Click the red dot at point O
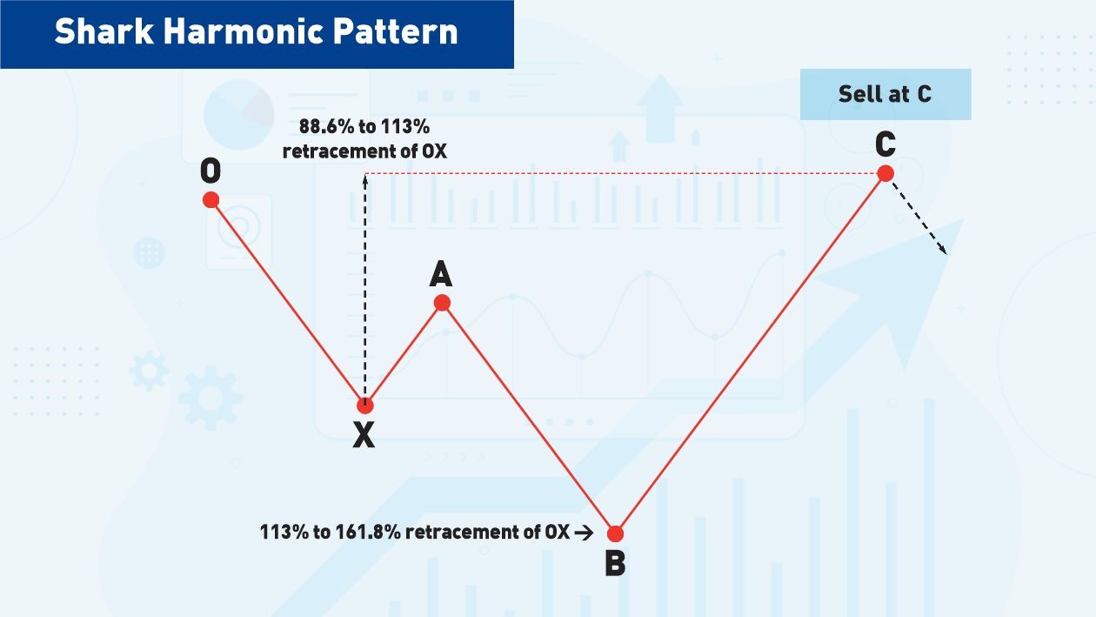coord(211,199)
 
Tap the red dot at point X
coord(365,405)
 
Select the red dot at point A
coord(442,302)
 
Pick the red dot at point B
coord(615,533)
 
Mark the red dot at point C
coord(885,173)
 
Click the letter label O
coord(211,171)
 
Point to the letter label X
coord(364,435)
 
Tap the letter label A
coord(441,274)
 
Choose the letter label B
coord(615,564)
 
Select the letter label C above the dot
coord(885,144)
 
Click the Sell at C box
coord(885,94)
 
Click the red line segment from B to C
coord(750,353)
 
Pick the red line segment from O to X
coord(288,302)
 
